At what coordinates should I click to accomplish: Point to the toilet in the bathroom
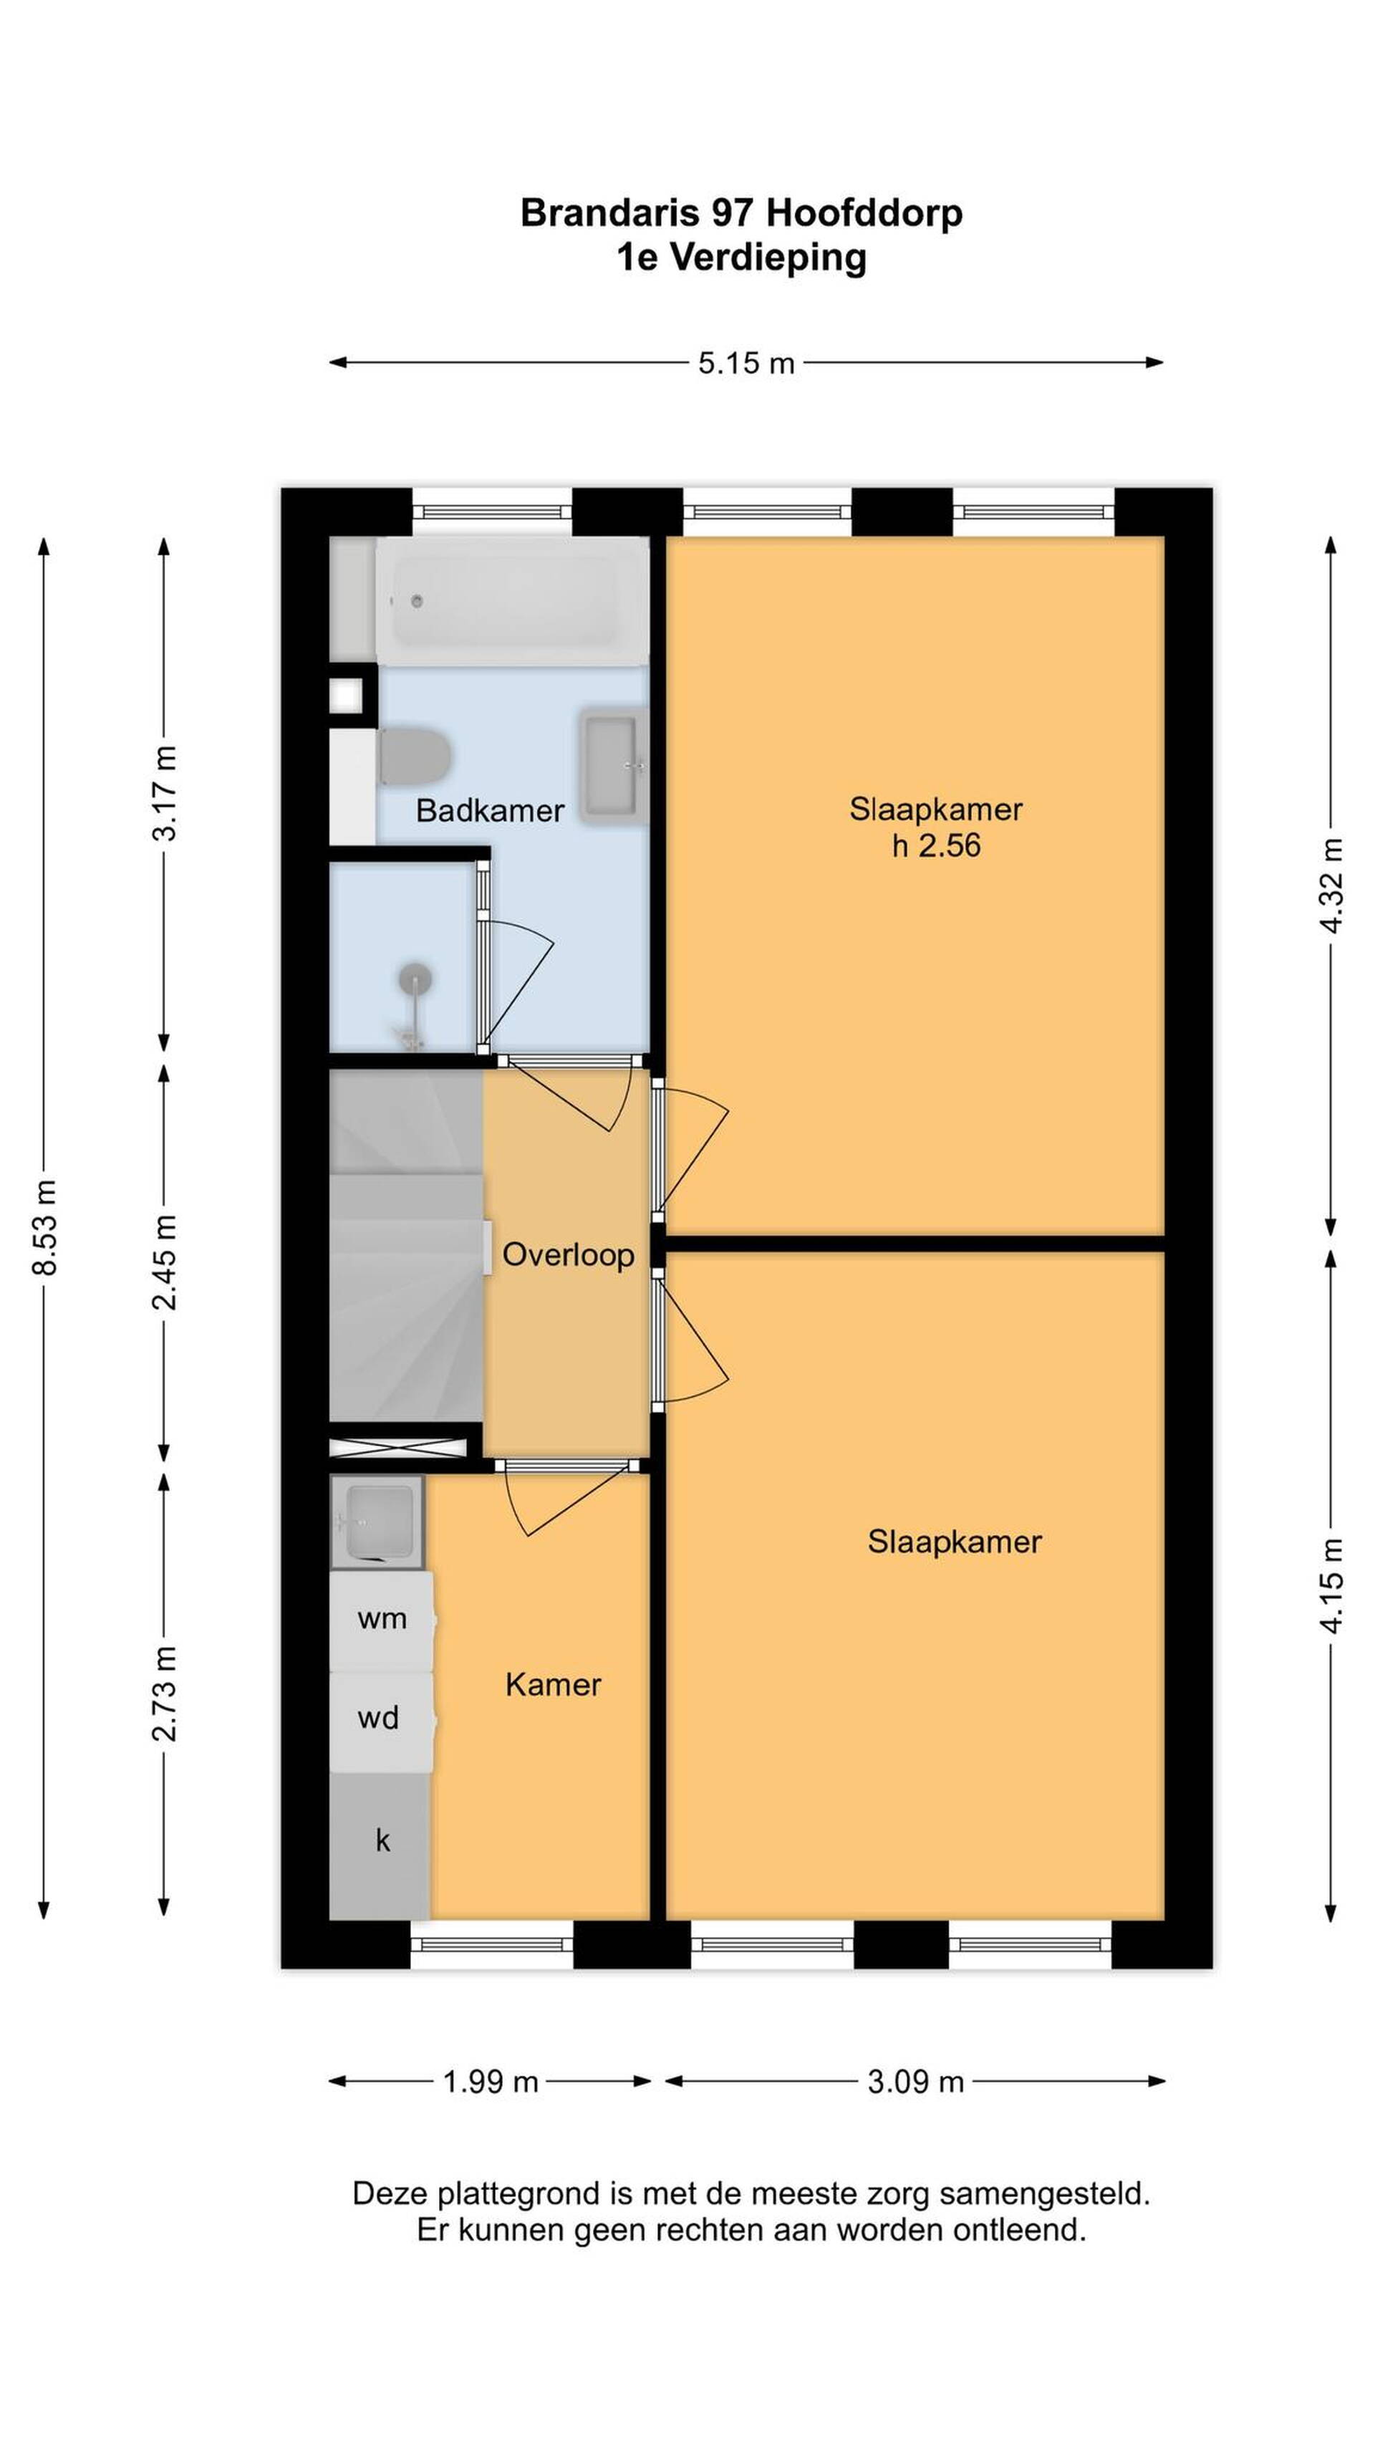pyautogui.click(x=414, y=756)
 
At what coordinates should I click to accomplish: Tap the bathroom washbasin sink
pyautogui.click(x=612, y=764)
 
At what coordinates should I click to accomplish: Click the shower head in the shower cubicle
pyautogui.click(x=415, y=978)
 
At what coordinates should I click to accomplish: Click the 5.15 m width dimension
pyautogui.click(x=746, y=362)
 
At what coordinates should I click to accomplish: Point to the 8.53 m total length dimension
pyautogui.click(x=44, y=1227)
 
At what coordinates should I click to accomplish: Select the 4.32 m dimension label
pyautogui.click(x=1331, y=885)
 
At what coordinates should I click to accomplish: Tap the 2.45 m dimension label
pyautogui.click(x=164, y=1262)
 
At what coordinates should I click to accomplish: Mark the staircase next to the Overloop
pyautogui.click(x=406, y=1244)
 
